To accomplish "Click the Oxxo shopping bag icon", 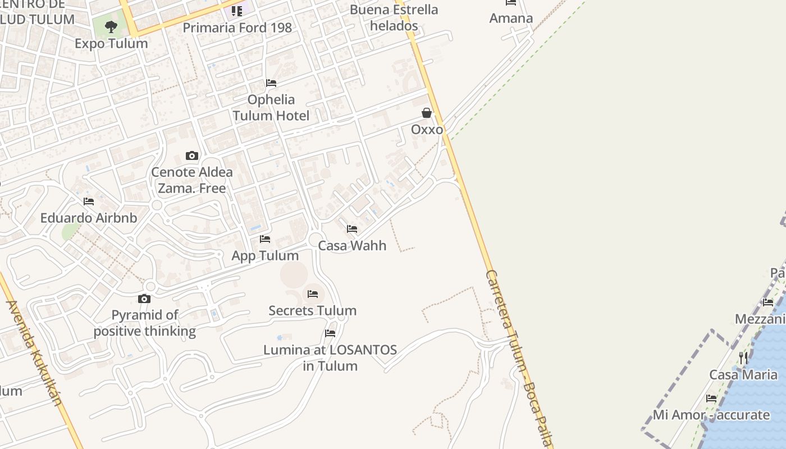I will click(427, 113).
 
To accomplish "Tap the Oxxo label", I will click(427, 130).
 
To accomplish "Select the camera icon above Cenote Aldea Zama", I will click(192, 155).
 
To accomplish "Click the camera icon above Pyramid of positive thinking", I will click(144, 299).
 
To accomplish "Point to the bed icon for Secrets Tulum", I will click(313, 294).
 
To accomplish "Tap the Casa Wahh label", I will click(352, 245).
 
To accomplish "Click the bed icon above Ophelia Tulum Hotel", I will click(271, 83).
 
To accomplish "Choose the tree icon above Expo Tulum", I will click(111, 26).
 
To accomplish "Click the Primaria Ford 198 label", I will click(237, 28).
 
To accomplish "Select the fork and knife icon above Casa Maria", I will click(743, 358).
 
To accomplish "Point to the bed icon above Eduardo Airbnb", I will click(89, 201).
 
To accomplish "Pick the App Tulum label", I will click(265, 255).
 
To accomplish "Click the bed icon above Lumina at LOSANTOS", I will click(330, 333).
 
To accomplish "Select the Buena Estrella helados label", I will click(394, 17).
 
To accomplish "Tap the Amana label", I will click(511, 18).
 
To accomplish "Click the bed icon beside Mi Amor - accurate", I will click(711, 398).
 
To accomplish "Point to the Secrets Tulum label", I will click(312, 310).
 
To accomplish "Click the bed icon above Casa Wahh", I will click(352, 229).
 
